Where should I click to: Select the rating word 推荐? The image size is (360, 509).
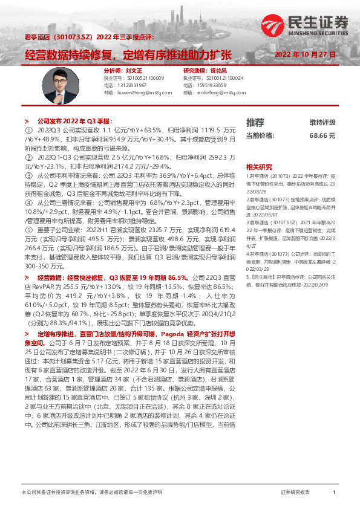pyautogui.click(x=255, y=122)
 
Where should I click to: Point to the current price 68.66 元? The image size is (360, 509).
pyautogui.click(x=322, y=135)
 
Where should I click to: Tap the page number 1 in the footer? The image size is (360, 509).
pyautogui.click(x=334, y=493)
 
